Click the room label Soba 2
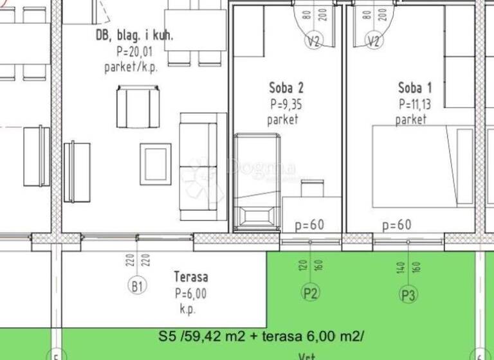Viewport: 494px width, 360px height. [x=286, y=88]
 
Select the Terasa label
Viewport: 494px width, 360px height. [x=191, y=277]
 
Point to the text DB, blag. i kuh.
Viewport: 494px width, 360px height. [x=134, y=37]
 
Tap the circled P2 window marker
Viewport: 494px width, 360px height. [x=311, y=293]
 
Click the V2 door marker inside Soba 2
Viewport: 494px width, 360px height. [x=313, y=41]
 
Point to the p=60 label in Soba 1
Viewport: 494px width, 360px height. [x=396, y=226]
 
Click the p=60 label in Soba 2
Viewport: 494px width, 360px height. [x=309, y=226]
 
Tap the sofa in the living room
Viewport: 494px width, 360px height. [x=203, y=166]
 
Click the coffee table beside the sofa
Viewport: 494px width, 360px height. [x=155, y=164]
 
